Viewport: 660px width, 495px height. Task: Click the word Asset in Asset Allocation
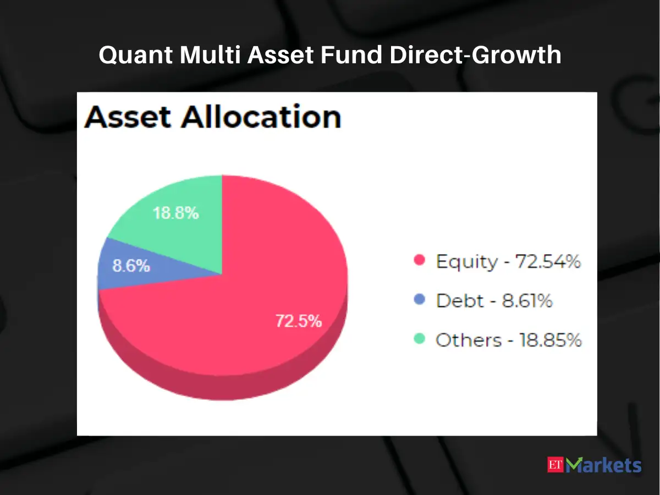tap(129, 117)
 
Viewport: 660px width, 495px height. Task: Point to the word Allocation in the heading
tap(262, 117)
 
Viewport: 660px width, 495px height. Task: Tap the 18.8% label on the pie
tap(175, 213)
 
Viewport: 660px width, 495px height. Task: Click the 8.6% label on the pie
tap(131, 266)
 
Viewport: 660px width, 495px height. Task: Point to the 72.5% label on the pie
tap(298, 321)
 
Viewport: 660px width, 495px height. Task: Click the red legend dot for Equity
tap(420, 261)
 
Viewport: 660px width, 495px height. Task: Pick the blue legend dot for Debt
tap(420, 300)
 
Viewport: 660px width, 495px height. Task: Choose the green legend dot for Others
tap(420, 339)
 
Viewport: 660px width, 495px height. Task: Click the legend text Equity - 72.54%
tap(508, 261)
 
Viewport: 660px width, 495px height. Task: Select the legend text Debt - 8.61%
tap(494, 300)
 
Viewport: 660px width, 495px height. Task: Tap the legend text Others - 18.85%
tap(508, 340)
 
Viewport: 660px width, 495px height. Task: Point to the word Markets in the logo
tap(604, 465)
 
